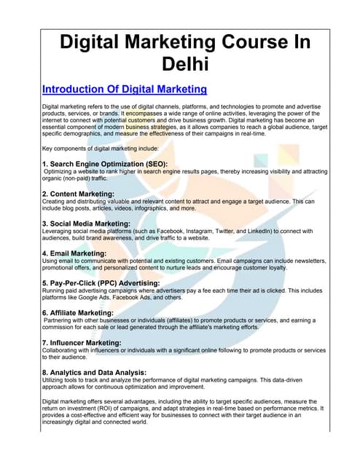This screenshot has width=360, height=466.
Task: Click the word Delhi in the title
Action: (x=179, y=64)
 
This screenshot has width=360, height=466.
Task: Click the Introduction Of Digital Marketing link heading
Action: (x=125, y=90)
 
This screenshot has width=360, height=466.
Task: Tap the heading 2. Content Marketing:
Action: (x=78, y=194)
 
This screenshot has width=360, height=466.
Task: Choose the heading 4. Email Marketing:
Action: (x=75, y=253)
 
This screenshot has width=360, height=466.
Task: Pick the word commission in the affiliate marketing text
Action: (x=60, y=328)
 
